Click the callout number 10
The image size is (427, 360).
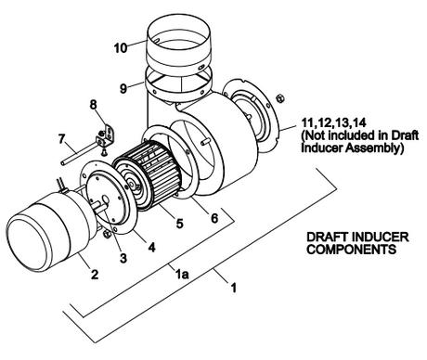coord(121,48)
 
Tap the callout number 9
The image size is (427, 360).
coord(123,89)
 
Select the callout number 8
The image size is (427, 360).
coord(93,105)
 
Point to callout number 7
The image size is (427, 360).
coord(62,139)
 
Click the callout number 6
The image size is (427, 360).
coord(214,218)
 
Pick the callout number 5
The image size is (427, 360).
coord(179,224)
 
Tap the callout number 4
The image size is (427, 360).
coord(151,247)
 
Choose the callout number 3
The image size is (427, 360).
coord(123,258)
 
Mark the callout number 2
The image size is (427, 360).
coord(95,274)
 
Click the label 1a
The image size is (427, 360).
coord(182,275)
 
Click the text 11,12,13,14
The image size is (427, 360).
coord(334,123)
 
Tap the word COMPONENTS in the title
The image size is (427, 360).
coord(352,250)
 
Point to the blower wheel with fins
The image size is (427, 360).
coord(147,174)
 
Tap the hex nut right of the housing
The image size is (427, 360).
coord(281,97)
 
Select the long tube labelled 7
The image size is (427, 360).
coord(80,153)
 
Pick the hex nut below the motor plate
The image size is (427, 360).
coord(106,234)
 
